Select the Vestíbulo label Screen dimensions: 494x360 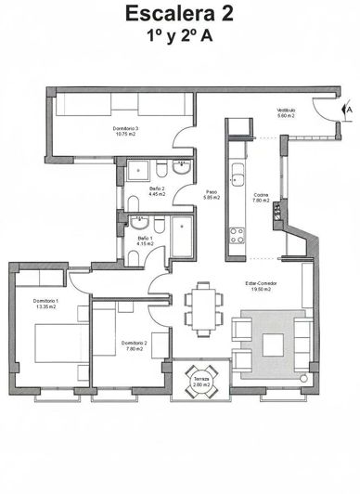(x=285, y=112)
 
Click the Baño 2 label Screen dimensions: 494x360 (x=157, y=191)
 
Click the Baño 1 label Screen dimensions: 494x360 (x=146, y=241)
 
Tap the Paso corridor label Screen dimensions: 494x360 (x=211, y=195)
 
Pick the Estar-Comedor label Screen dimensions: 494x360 (x=262, y=285)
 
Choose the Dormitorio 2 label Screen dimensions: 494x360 (x=134, y=345)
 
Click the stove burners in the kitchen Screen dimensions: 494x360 (x=237, y=235)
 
